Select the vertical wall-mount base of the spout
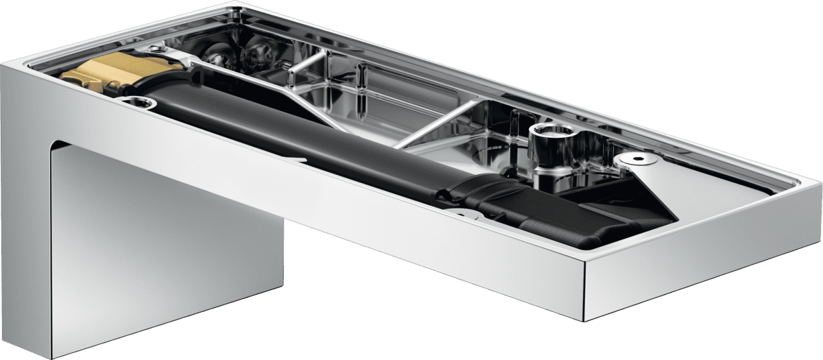165,247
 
